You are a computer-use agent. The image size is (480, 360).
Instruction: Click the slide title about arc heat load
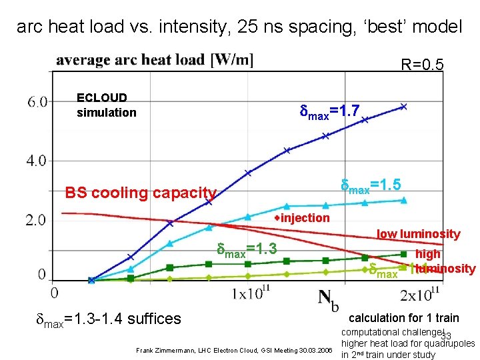pyautogui.click(x=239, y=27)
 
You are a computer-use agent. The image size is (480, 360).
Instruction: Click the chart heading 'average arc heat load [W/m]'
pyautogui.click(x=155, y=60)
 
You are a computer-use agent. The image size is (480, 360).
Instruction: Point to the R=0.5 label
pyautogui.click(x=421, y=65)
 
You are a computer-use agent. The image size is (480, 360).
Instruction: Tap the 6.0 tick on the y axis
pyautogui.click(x=37, y=102)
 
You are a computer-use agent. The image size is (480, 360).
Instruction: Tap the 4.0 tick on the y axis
pyautogui.click(x=37, y=161)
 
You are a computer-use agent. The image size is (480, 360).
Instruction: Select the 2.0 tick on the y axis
pyautogui.click(x=37, y=220)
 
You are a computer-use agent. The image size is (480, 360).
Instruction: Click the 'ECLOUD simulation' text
pyautogui.click(x=106, y=105)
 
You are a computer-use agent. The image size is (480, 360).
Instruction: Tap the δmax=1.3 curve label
pyautogui.click(x=247, y=251)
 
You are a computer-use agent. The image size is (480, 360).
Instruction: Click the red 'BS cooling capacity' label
pyautogui.click(x=141, y=193)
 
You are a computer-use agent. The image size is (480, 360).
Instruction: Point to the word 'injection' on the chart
pyautogui.click(x=305, y=218)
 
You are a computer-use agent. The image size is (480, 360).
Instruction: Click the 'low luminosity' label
pyautogui.click(x=418, y=234)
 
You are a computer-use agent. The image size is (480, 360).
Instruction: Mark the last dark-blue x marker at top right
pyautogui.click(x=403, y=106)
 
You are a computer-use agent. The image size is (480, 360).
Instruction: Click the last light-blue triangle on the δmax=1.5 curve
pyautogui.click(x=403, y=200)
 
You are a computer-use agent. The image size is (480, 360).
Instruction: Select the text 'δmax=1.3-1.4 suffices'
pyautogui.click(x=107, y=319)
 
